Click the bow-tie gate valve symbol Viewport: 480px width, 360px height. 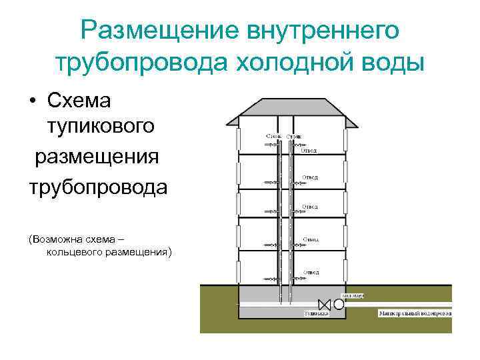[x=325, y=304]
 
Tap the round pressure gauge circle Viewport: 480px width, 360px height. [x=339, y=304]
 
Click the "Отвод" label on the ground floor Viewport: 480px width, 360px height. [x=311, y=272]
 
